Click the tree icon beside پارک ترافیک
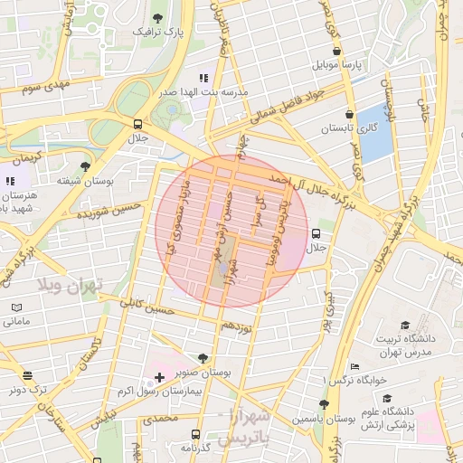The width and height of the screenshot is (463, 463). [158, 17]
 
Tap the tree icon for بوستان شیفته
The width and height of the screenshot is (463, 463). [85, 166]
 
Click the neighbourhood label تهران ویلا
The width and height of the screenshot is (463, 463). [71, 284]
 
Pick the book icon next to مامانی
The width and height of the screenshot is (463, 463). [16, 307]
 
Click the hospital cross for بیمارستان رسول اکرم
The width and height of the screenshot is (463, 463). [160, 376]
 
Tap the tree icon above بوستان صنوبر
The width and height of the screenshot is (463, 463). [202, 358]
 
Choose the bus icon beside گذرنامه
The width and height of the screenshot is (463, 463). [198, 435]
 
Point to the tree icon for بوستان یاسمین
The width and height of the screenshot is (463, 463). [324, 404]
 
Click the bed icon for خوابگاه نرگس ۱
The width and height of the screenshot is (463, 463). [354, 366]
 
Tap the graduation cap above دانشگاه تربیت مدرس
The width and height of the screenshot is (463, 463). [406, 324]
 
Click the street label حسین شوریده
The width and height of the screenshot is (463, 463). [110, 212]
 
